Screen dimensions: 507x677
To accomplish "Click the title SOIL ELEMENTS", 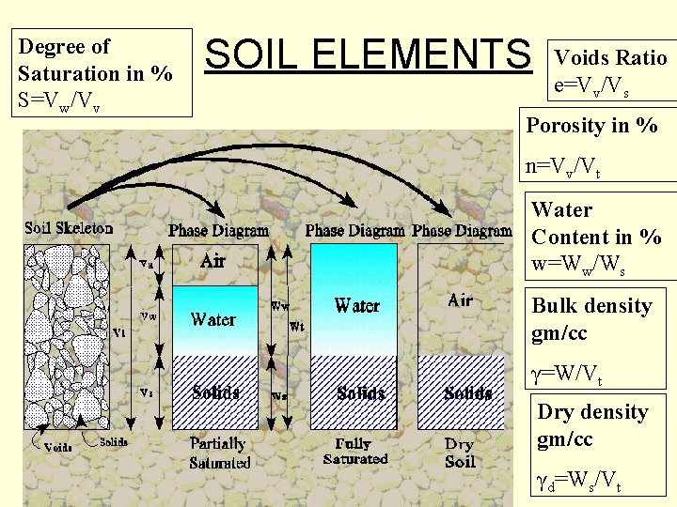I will point(368,54).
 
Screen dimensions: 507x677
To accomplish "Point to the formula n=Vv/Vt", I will point(563,167).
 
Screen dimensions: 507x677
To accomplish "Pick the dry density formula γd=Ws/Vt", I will point(577,484).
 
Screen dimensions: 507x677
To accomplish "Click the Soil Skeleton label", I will point(69,228).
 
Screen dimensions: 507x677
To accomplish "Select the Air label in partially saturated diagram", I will point(213,262).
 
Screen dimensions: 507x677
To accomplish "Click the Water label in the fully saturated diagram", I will point(357,305).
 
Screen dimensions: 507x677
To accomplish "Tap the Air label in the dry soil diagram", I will point(460,300).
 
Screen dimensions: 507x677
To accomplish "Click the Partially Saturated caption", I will point(219,453).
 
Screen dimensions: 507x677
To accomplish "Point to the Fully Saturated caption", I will point(354,451).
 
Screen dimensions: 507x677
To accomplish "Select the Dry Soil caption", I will point(460,453).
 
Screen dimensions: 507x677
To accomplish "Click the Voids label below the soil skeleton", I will point(58,447).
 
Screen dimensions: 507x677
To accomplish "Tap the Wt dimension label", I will point(296,327).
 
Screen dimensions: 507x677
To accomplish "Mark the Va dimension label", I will point(148,265).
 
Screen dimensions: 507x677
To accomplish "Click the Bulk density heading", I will point(591,306).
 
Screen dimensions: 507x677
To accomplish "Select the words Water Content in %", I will point(596,223).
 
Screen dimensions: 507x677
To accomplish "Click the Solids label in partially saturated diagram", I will point(215,392).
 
